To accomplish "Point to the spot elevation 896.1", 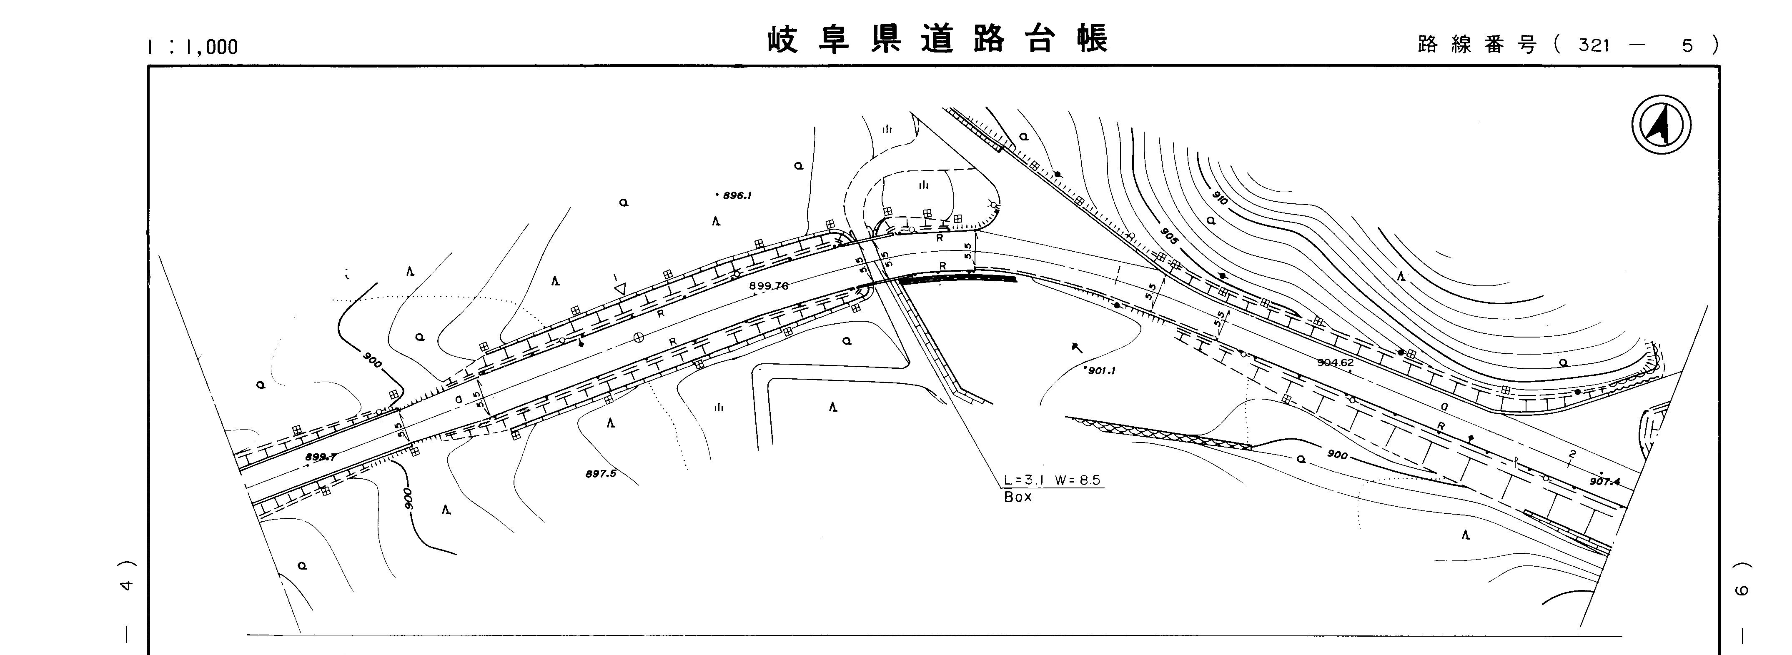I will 736,196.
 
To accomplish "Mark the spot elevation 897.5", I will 600,474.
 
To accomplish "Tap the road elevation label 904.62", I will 1335,362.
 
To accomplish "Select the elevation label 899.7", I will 321,457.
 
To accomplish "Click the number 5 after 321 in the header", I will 1686,45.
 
